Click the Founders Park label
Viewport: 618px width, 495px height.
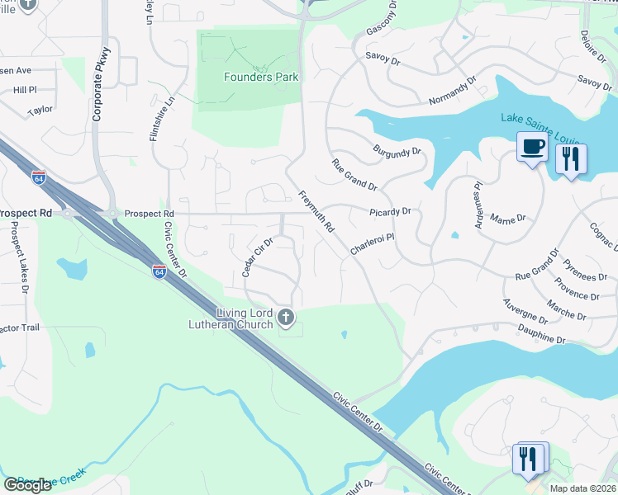261,78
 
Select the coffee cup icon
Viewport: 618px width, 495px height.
532,148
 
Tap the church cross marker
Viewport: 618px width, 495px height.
286,317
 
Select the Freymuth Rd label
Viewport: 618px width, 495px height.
316,211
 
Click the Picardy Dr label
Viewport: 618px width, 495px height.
390,212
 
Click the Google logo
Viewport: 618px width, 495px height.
28,485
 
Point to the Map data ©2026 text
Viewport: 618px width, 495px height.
583,488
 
